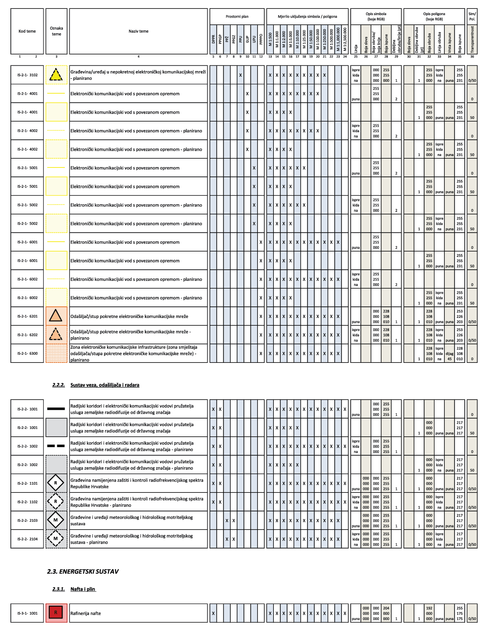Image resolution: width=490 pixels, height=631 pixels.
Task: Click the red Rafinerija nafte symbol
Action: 56,613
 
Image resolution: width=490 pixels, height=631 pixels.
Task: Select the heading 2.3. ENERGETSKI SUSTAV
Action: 83,571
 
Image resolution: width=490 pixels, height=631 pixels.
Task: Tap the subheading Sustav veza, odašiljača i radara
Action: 105,385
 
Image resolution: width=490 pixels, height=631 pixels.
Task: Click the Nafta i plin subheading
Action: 83,589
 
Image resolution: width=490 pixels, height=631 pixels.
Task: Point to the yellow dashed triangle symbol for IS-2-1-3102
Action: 56,75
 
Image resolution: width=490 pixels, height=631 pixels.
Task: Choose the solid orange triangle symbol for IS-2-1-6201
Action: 56,316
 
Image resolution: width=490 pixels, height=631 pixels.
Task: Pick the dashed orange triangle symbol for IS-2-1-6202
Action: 56,335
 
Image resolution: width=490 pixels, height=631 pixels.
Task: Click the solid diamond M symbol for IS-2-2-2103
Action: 56,520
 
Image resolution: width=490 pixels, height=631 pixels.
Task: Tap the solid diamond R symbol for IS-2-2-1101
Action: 56,483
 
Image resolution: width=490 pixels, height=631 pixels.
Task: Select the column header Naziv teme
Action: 138,31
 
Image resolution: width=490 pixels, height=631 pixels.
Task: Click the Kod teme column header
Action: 27,31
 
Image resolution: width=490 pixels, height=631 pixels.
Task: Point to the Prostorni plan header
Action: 237,17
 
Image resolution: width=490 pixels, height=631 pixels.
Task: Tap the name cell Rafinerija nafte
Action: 85,613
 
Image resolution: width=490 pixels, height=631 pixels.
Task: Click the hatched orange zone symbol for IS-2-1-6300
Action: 56,353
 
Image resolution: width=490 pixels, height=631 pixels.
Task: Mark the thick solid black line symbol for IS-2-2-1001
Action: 56,409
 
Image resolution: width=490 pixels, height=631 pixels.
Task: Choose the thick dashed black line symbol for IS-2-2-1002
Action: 56,446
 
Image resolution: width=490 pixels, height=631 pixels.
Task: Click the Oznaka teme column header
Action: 57,31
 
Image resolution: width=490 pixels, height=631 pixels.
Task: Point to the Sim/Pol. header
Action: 472,17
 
